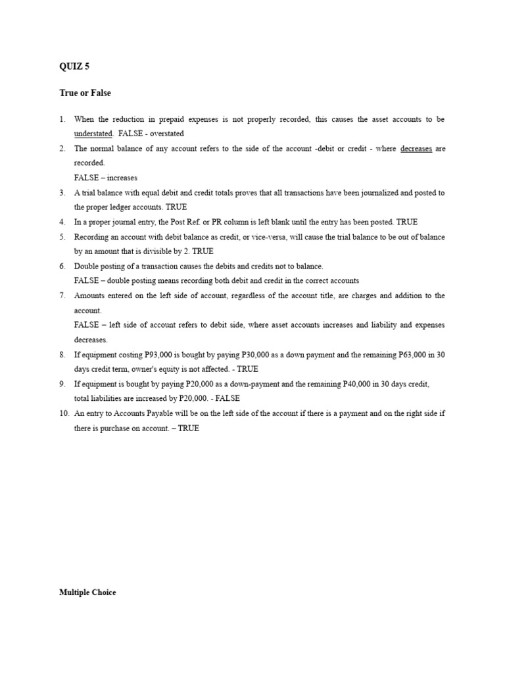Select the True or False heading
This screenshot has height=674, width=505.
(x=85, y=93)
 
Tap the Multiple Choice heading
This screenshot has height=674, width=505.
(x=87, y=592)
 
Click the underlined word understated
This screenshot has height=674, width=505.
(x=93, y=134)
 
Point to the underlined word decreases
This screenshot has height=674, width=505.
(x=416, y=149)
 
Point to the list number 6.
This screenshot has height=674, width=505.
(x=62, y=266)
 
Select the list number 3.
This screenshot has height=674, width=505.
(x=62, y=193)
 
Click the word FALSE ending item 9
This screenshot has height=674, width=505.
(x=228, y=398)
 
